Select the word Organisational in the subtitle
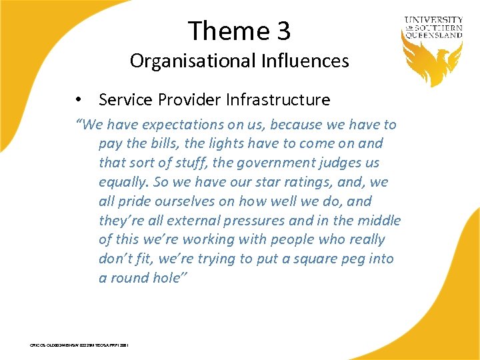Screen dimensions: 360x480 [x=189, y=61]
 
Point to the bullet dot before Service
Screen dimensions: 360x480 [x=79, y=100]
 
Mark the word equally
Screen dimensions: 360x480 [x=125, y=182]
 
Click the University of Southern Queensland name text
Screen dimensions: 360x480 [x=433, y=28]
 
